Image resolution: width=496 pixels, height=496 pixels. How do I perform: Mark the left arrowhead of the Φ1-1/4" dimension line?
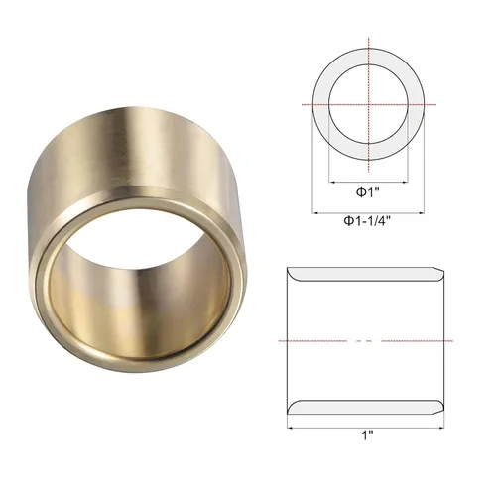pyautogui.click(x=314, y=210)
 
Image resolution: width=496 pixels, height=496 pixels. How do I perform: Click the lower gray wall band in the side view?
pyautogui.click(x=364, y=406)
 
